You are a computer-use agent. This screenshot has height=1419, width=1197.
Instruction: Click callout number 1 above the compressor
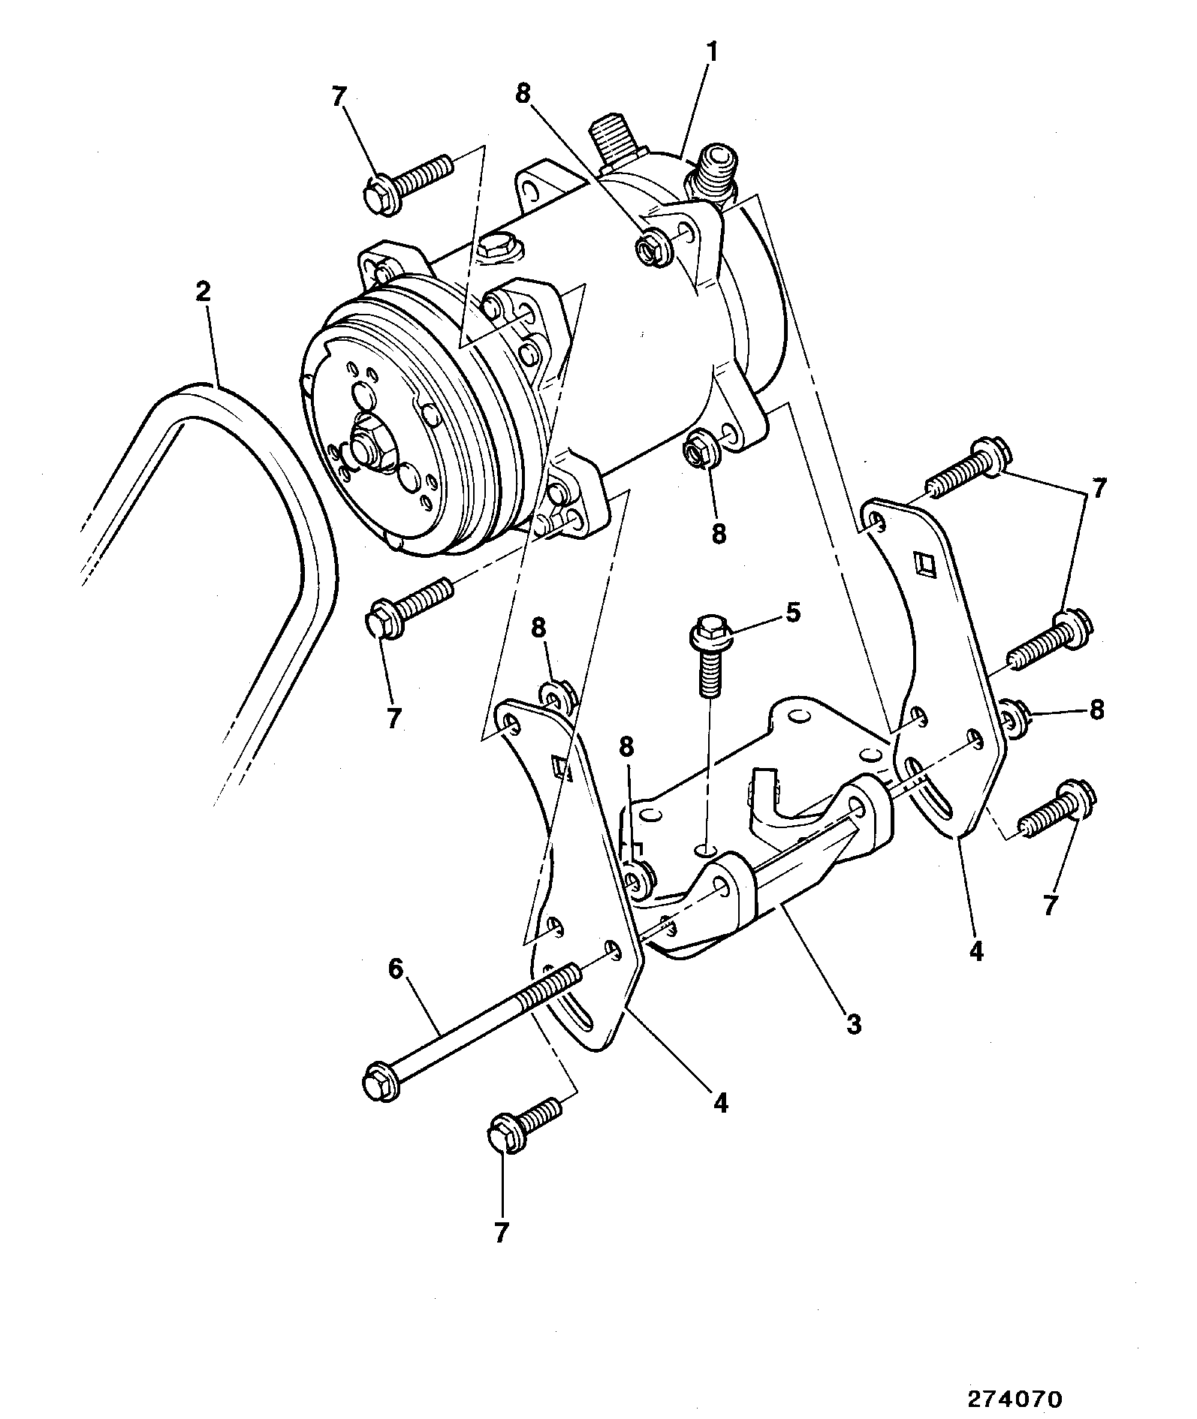click(711, 53)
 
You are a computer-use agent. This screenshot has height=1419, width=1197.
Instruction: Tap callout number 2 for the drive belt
click(203, 291)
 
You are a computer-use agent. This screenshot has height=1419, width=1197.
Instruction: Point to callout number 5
click(793, 613)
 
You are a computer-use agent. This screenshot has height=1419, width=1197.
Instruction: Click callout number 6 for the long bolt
click(396, 969)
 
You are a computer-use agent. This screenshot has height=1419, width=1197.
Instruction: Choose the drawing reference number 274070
click(1015, 1399)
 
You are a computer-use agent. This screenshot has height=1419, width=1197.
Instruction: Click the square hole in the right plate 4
click(924, 562)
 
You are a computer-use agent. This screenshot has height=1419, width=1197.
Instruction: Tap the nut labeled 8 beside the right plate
click(1016, 719)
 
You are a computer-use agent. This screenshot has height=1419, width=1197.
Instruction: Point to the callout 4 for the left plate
click(720, 1102)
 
